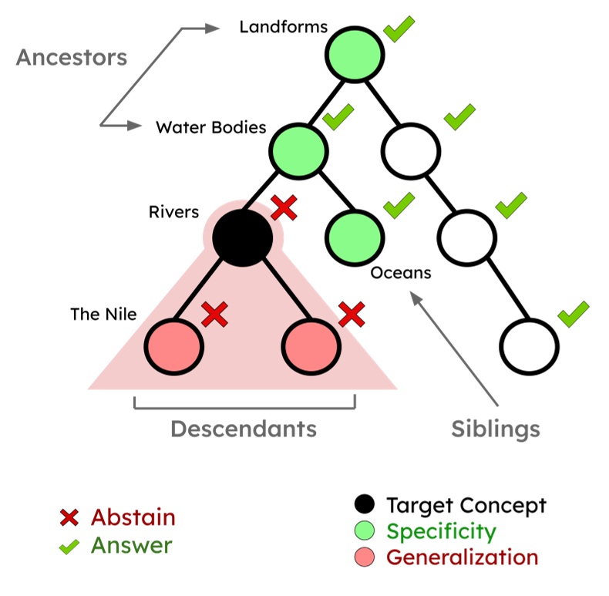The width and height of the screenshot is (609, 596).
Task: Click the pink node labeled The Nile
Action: (x=173, y=344)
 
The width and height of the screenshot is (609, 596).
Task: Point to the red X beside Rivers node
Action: (x=285, y=207)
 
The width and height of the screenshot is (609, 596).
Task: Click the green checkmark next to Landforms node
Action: (x=400, y=29)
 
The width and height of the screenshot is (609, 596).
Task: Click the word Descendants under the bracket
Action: (x=244, y=429)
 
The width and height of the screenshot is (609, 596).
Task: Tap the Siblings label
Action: (x=496, y=429)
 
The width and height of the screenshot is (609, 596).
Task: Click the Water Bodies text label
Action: (x=211, y=127)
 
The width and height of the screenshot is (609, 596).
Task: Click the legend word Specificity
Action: (x=441, y=531)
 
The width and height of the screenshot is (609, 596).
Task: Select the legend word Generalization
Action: (x=462, y=557)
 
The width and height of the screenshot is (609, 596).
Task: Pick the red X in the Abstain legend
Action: (x=70, y=518)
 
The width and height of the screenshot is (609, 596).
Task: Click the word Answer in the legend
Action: (x=132, y=545)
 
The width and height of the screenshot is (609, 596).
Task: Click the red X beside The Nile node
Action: (x=215, y=314)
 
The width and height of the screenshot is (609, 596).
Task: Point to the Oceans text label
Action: (x=400, y=273)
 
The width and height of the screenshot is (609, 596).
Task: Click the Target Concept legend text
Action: (x=466, y=506)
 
